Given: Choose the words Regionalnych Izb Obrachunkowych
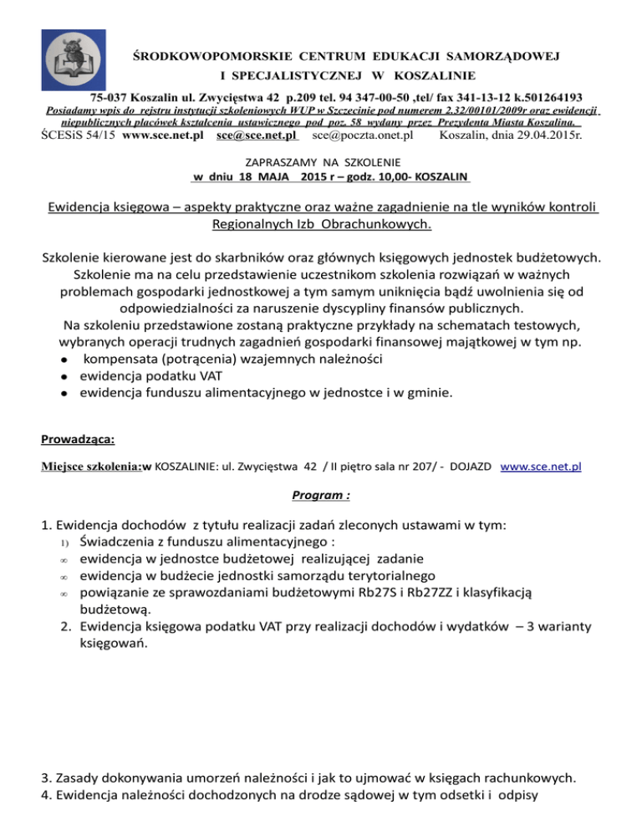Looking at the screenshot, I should tap(322, 224).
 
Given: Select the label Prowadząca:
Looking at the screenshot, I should tap(79, 438).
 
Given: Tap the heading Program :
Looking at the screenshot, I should tap(321, 494).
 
